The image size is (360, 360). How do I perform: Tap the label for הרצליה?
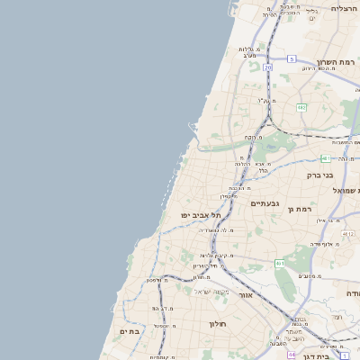[345, 8]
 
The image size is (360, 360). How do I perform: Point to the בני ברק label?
[319, 175]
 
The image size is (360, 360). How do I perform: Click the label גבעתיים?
[265, 203]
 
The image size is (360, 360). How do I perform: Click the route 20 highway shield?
[267, 67]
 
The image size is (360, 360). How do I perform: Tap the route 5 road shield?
[292, 58]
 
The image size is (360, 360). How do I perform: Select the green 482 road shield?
[301, 107]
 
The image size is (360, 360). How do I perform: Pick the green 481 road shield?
[325, 157]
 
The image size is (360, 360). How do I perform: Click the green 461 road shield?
[280, 264]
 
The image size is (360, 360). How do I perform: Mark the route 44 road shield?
[292, 355]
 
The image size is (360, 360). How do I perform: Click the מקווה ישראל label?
[212, 291]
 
